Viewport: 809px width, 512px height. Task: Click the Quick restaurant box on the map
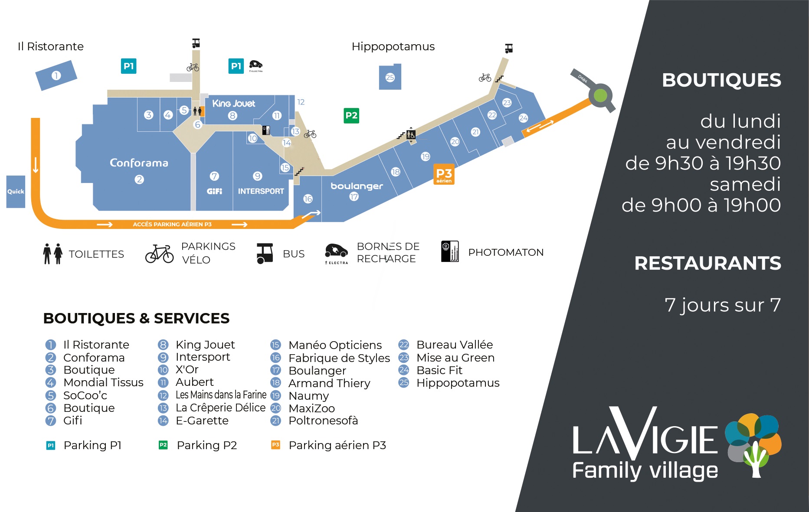point(16,192)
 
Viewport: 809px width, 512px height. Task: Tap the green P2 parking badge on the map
point(351,116)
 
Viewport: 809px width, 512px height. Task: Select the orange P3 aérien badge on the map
point(444,174)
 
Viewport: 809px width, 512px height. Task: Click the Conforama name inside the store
point(139,163)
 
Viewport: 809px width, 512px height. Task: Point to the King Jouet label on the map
point(233,104)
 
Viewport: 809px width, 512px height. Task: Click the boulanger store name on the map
point(357,186)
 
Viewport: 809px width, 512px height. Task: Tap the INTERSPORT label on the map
point(261,191)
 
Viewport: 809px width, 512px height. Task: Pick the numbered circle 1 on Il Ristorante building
point(56,75)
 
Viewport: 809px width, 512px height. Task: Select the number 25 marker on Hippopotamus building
point(390,78)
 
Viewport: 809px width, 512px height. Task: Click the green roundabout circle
point(600,95)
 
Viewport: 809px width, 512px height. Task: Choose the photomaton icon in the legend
point(450,251)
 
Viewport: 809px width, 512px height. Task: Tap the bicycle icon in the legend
point(159,254)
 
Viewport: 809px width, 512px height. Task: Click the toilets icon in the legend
point(52,254)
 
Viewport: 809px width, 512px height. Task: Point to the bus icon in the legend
point(265,253)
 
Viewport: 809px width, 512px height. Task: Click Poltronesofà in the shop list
point(323,421)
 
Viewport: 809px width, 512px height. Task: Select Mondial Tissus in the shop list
point(103,382)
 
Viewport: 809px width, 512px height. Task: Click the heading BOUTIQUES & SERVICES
point(136,318)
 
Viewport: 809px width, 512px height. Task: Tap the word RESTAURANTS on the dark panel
point(707,263)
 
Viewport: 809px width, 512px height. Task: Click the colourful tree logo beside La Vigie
point(753,444)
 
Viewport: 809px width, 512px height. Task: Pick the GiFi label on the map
point(214,191)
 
